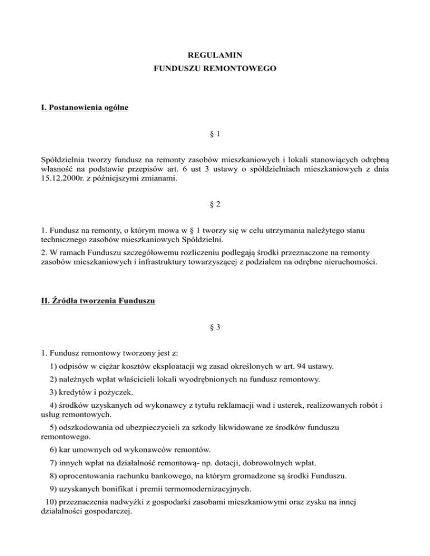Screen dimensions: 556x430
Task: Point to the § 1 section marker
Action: (x=215, y=136)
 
